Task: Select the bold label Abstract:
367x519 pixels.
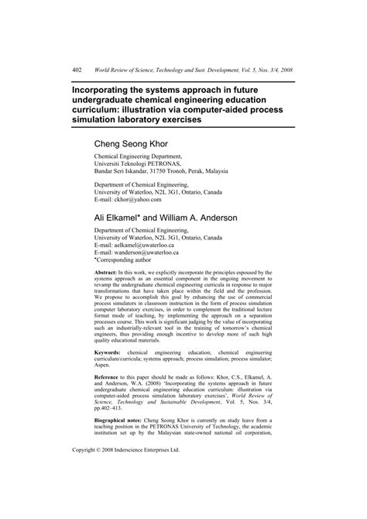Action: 109,273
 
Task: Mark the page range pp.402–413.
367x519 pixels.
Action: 116,431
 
